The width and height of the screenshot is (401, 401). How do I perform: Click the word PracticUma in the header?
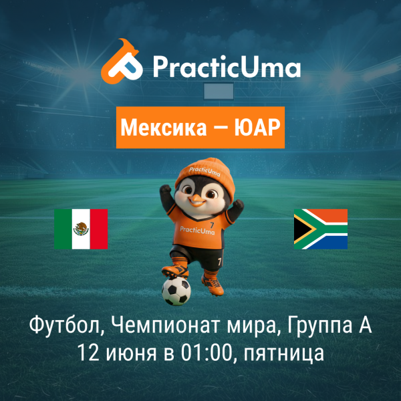point(225,67)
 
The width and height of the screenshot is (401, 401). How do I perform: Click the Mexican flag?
point(81,229)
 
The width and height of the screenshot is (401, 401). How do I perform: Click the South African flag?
point(321,229)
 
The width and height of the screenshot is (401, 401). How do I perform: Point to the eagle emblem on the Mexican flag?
point(81,229)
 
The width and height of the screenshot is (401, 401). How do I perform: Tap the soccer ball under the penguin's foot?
point(176,291)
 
